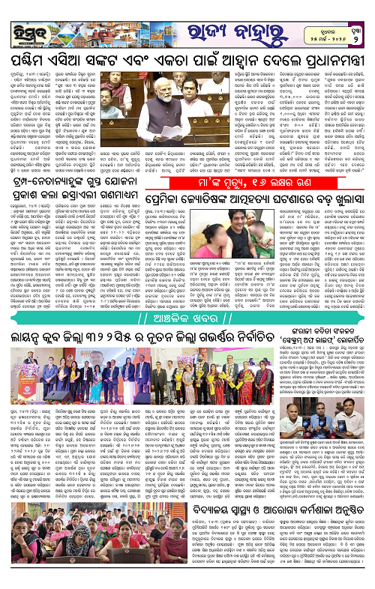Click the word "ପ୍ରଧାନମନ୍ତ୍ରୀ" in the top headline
(326, 59)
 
